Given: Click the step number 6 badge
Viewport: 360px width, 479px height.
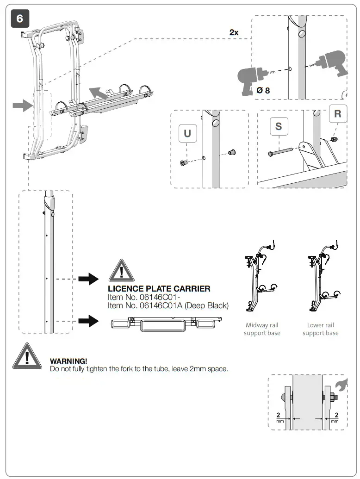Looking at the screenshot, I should pos(19,19).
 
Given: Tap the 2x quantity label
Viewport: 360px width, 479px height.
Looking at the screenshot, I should pos(234,32).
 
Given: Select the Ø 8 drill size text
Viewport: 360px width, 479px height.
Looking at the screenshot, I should pos(263,90).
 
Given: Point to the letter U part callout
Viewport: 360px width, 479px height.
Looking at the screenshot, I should pos(187,134).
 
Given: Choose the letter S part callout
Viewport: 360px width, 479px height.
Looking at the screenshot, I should pos(279,126).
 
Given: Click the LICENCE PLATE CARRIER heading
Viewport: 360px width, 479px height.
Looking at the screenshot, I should pos(159,289).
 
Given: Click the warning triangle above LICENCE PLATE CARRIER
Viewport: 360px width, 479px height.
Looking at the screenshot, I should pos(121,271).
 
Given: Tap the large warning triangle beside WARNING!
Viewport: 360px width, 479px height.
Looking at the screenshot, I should pos(27,357).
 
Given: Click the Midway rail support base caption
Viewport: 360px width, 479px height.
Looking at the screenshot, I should pos(262,329).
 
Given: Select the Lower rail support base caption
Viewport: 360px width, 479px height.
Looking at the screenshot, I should pos(320,329).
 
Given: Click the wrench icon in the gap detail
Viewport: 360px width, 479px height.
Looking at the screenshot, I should pos(339,384).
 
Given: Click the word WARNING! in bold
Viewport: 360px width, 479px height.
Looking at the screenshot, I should pos(68,361).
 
